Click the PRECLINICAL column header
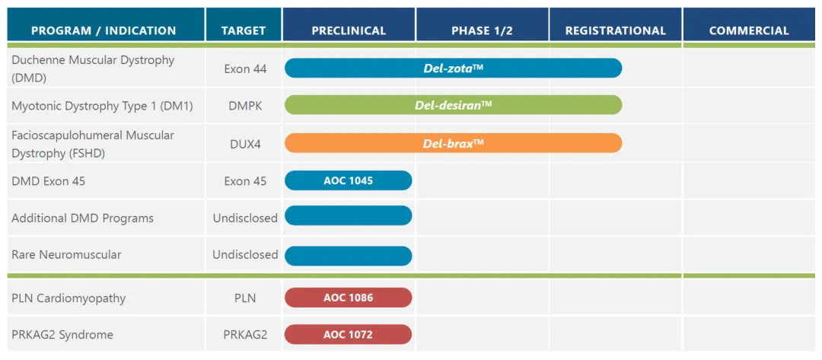[x=349, y=30]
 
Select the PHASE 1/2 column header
[x=482, y=30]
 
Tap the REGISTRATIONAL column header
[x=616, y=30]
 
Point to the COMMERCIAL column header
[x=749, y=30]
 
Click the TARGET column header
[x=244, y=30]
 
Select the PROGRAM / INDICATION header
[x=104, y=30]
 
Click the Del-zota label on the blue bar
[x=454, y=68]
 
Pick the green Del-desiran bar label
[x=454, y=105]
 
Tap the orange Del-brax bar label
[x=454, y=143]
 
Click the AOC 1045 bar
[x=349, y=180]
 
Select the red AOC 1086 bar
[x=349, y=298]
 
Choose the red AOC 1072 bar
[x=349, y=334]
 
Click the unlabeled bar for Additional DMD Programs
[x=349, y=216]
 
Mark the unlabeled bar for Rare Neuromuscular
[x=349, y=256]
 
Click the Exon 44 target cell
[x=245, y=68]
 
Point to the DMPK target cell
[x=245, y=106]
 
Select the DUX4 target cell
[x=245, y=144]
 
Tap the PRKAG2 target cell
[x=245, y=335]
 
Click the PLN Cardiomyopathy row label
[x=68, y=298]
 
